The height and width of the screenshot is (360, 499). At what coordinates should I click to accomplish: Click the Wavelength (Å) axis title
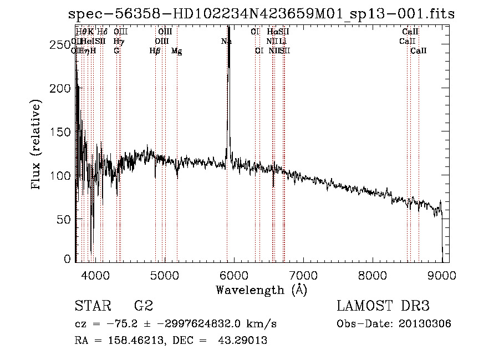[261, 290]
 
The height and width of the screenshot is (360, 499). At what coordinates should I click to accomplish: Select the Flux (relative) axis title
[37, 145]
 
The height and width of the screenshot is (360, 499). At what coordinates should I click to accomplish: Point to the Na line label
[226, 42]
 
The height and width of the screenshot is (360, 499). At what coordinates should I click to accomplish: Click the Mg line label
[176, 51]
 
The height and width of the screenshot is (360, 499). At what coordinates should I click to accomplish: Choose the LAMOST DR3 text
[383, 306]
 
